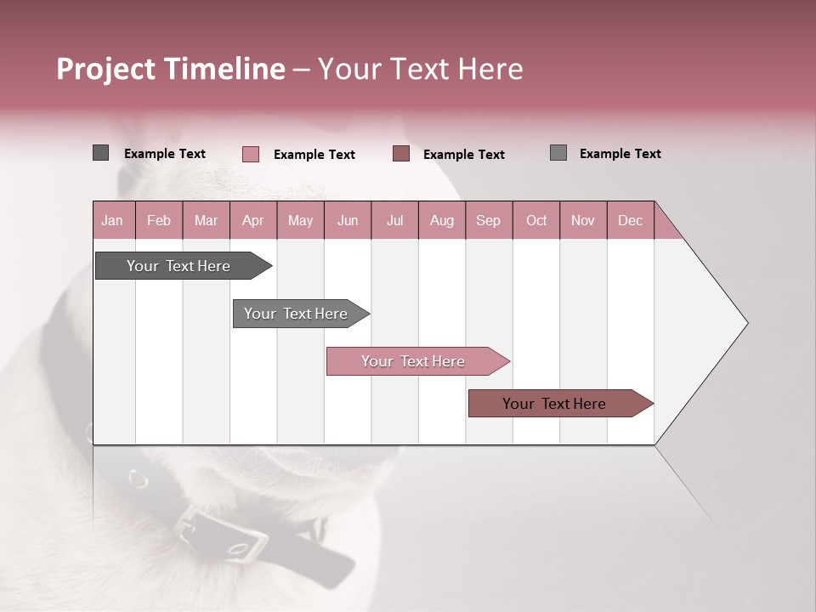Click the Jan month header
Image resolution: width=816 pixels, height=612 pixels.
[112, 220]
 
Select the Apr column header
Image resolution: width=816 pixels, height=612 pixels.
[252, 220]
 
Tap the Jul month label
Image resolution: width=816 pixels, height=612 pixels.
[394, 220]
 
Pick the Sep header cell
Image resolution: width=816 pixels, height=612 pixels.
[488, 220]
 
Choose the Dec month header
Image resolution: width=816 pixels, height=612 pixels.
[630, 220]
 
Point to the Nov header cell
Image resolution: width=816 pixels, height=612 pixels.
[582, 220]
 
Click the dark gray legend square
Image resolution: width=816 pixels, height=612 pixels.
[100, 153]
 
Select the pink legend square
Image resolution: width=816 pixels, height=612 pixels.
[250, 154]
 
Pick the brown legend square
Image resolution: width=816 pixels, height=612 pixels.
[401, 154]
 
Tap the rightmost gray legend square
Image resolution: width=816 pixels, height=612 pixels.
[558, 153]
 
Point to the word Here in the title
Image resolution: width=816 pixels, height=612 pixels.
[490, 69]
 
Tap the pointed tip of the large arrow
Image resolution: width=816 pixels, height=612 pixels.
[746, 323]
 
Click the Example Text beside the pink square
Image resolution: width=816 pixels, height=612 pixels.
[314, 155]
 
